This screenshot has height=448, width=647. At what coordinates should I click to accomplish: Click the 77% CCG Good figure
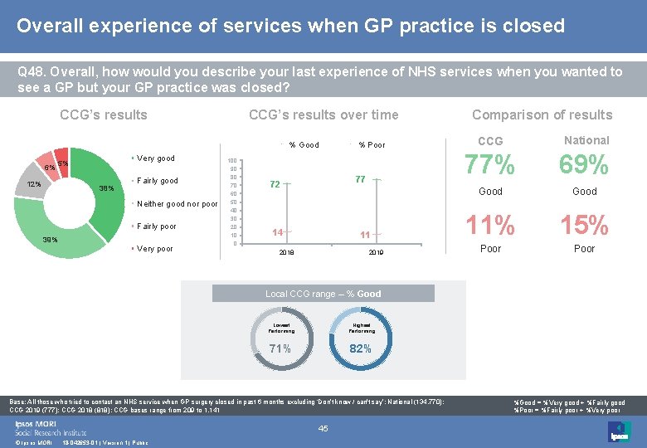tap(490, 166)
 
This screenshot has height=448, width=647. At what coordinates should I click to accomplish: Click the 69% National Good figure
tap(584, 166)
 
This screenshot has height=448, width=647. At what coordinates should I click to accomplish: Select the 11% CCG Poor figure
tap(490, 225)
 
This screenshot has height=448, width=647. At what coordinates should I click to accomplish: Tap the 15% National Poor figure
tap(584, 225)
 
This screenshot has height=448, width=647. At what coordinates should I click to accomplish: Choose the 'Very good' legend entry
tap(155, 158)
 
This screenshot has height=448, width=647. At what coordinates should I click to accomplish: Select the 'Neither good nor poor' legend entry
tap(176, 203)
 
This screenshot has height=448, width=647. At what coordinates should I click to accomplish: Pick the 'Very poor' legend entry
tap(155, 249)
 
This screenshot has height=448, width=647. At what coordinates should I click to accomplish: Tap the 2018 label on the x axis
tap(285, 252)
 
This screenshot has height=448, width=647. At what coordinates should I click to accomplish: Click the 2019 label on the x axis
tap(376, 252)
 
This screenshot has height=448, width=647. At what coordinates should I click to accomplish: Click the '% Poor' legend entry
tap(371, 144)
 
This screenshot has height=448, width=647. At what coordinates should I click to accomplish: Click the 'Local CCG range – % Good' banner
tap(323, 294)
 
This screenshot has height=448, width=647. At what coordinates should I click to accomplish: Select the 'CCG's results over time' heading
tap(323, 114)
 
